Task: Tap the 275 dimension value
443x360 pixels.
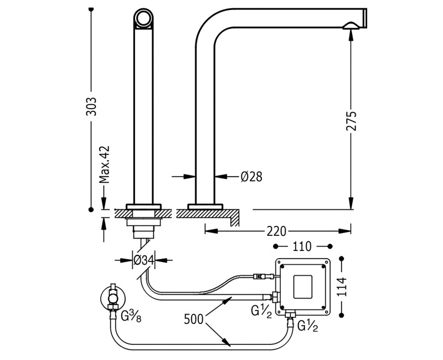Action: (351, 121)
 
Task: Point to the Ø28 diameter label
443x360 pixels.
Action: (251, 177)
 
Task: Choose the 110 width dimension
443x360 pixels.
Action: (302, 245)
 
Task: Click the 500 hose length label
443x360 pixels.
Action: (194, 319)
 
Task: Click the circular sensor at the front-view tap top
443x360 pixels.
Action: (143, 19)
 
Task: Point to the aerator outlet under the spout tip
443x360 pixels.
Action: (351, 25)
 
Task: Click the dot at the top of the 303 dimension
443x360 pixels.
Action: (92, 9)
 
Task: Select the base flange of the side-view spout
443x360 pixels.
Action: (205, 207)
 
